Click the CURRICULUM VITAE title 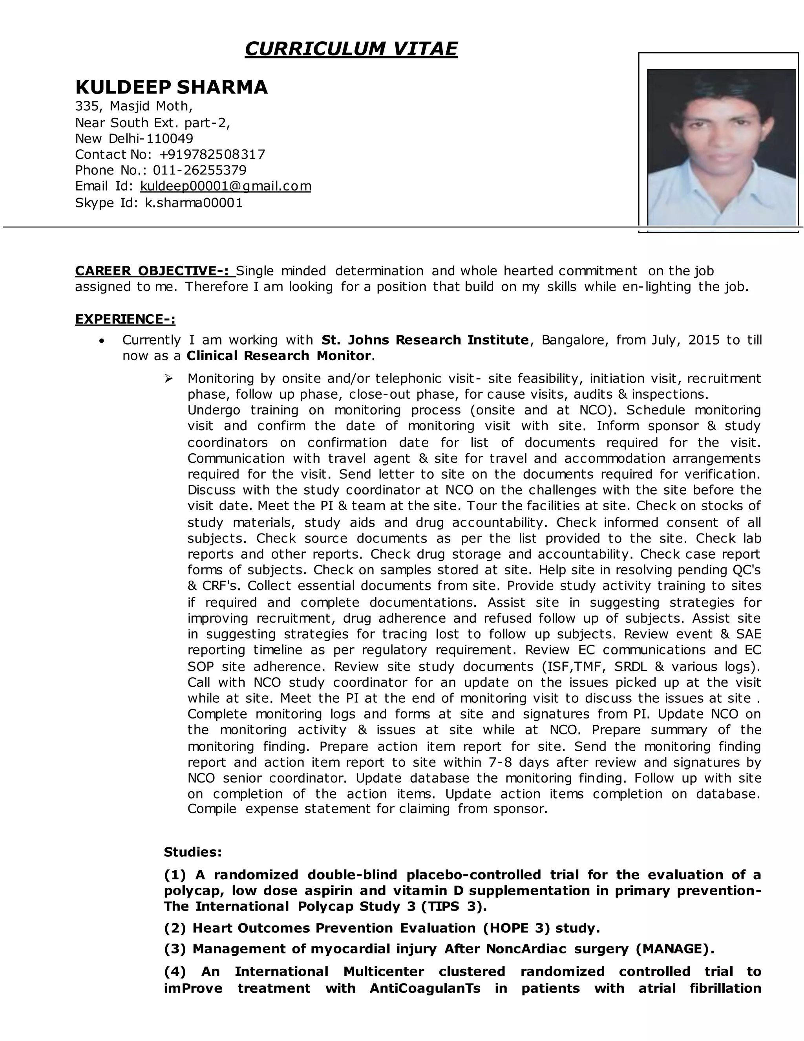[x=351, y=49]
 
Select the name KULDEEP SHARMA [x=172, y=87]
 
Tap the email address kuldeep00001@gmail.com [x=226, y=186]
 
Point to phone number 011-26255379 [x=199, y=170]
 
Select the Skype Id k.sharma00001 [x=194, y=203]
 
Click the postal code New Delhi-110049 [x=134, y=139]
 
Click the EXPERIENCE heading [x=125, y=319]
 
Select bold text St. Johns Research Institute [x=425, y=340]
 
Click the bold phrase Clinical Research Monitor [x=279, y=356]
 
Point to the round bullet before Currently [x=101, y=341]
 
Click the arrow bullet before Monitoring [x=168, y=378]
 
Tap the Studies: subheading [x=193, y=852]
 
